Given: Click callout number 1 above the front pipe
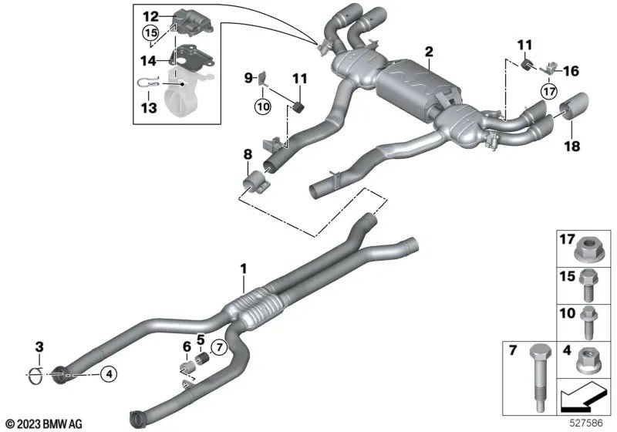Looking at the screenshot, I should [x=243, y=269].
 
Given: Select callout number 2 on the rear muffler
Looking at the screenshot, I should [x=429, y=52].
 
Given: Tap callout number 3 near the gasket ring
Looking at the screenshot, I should [x=39, y=345].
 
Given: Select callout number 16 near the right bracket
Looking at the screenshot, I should [x=571, y=71].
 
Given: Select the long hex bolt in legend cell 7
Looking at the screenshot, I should [x=536, y=372].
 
